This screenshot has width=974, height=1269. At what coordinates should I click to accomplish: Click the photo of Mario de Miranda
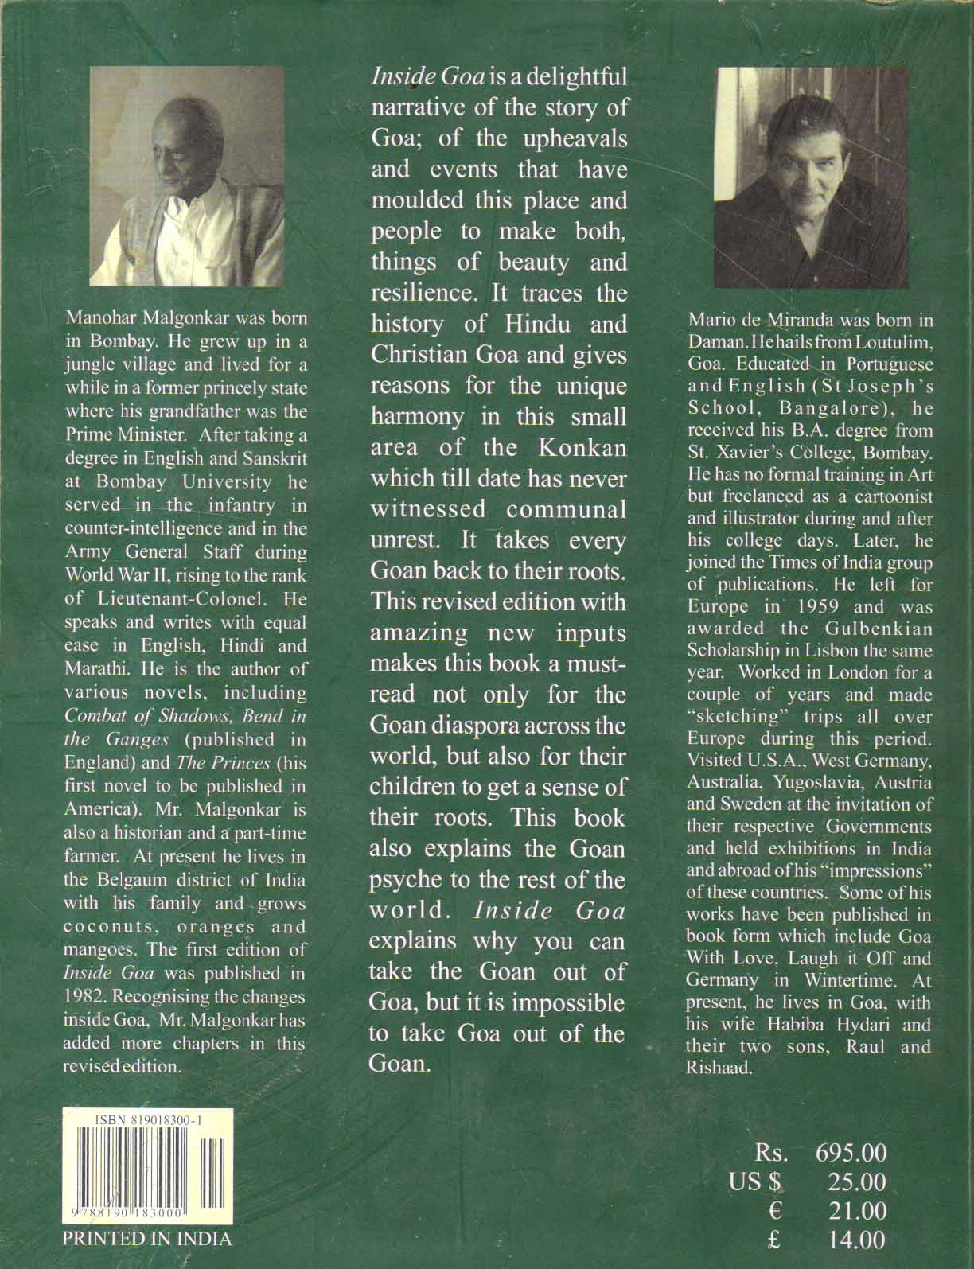tap(812, 177)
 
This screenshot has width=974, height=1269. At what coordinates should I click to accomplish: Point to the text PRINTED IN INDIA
tap(147, 1239)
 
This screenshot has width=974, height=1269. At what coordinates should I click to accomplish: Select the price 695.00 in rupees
tap(851, 1152)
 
